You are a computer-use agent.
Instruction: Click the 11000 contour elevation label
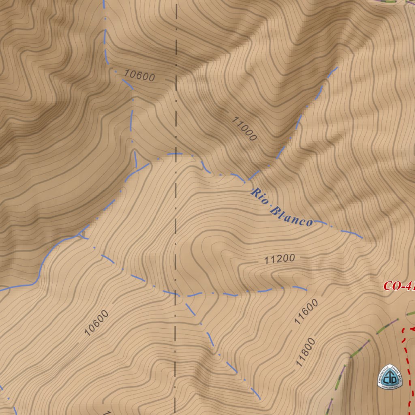point(244,129)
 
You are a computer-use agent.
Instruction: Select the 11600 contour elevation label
point(306,312)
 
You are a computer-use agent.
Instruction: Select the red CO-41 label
point(399,286)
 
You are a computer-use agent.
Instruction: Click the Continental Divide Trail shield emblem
point(390,376)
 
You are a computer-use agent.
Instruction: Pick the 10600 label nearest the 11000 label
point(139,75)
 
